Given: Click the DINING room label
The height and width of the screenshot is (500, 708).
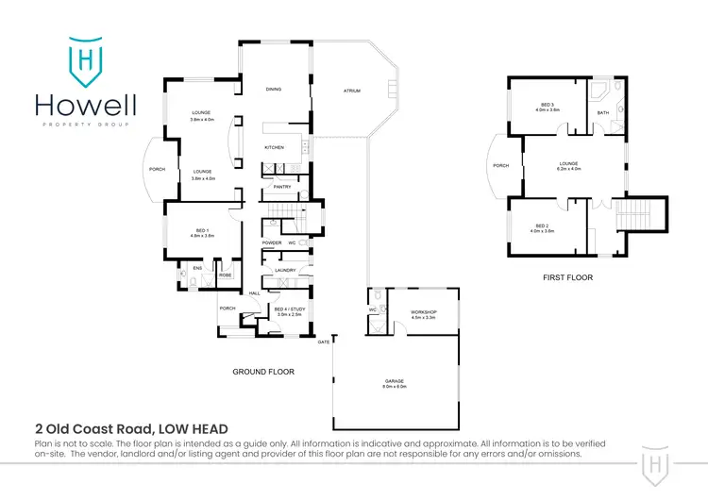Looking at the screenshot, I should click(x=274, y=89).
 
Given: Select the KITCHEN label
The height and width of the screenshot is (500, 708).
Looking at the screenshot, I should click(x=274, y=148).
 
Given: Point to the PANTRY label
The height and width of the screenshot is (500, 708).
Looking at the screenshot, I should click(x=280, y=187).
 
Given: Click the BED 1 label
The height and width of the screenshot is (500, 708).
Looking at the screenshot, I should click(x=202, y=232).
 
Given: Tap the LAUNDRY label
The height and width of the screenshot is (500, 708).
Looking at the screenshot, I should click(x=286, y=271).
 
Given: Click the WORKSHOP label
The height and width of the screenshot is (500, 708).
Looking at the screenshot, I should click(x=423, y=313).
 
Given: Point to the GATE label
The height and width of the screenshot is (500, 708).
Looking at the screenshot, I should click(x=323, y=341).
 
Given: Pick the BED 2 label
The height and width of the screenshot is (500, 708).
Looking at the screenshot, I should click(x=542, y=227).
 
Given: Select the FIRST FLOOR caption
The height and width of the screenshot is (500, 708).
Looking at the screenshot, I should click(x=567, y=278).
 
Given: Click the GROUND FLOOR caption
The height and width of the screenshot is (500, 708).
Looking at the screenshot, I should click(x=263, y=372).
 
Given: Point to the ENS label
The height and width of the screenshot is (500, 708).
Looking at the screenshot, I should click(x=198, y=269).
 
